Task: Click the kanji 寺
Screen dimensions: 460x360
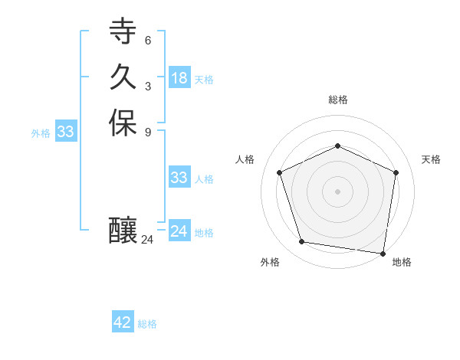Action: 123,31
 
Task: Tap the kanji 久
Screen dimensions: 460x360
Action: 123,77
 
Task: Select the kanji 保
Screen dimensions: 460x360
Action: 123,123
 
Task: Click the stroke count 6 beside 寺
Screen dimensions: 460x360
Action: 148,40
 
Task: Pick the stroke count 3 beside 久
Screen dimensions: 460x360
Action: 148,86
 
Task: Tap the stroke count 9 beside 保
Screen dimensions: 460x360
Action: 148,132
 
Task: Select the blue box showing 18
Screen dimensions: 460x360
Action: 179,78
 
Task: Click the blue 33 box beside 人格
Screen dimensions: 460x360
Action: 179,178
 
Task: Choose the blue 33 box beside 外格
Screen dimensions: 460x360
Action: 66,132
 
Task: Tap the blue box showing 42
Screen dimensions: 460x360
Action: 123,322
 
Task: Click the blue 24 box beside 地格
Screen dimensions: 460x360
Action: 179,231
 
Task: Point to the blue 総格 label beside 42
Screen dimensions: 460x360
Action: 147,324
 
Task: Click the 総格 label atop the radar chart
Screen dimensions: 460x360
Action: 337,100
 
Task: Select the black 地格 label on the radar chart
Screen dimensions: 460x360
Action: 402,262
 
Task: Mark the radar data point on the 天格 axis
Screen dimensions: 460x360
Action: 396,172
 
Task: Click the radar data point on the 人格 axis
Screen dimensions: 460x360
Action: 280,172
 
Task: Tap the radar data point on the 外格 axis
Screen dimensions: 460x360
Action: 302,242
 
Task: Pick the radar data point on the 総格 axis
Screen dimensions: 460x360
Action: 337,146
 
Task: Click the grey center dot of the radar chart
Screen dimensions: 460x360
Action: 337,191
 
